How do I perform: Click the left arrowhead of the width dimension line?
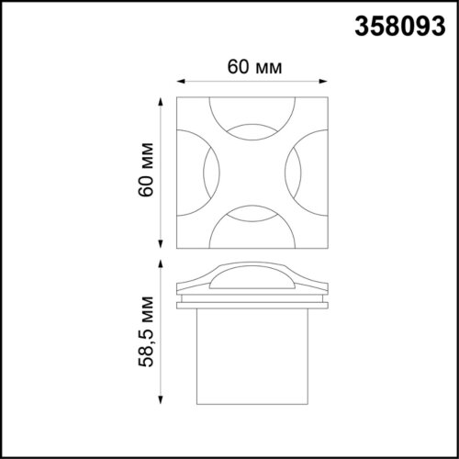[178, 81]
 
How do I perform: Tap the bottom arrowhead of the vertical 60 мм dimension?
[163, 246]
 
